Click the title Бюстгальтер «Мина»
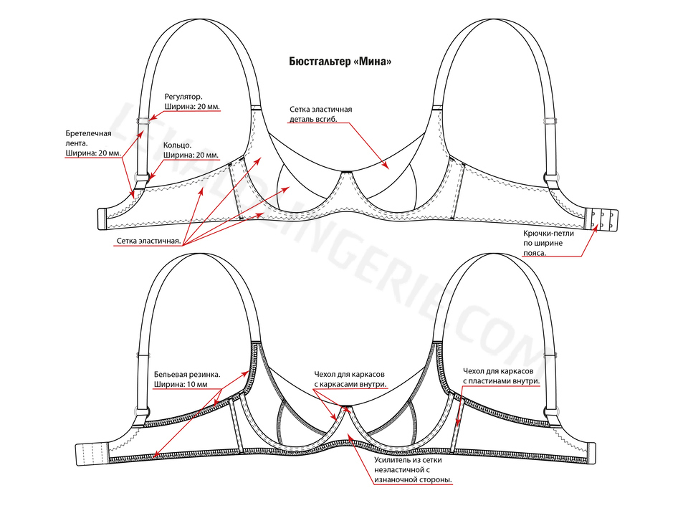(340, 62)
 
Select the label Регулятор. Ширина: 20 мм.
(192, 102)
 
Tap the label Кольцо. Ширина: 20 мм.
(191, 150)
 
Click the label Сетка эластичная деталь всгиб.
(320, 114)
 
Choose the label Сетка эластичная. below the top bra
(148, 241)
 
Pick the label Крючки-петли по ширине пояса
(548, 243)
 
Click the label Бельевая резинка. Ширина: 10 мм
(187, 380)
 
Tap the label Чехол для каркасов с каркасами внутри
(350, 379)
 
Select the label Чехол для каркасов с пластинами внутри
(501, 376)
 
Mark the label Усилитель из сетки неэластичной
(413, 470)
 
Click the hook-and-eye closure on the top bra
(601, 219)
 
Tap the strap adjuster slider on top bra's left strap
(143, 120)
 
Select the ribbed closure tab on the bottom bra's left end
(92, 455)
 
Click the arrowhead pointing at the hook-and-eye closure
(594, 230)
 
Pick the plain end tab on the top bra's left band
(102, 219)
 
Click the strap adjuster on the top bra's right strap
(550, 120)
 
